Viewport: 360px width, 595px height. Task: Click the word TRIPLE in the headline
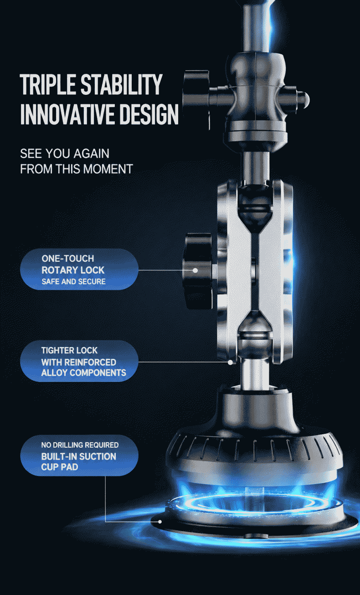pos(48,84)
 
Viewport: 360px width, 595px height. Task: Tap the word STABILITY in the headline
pos(121,84)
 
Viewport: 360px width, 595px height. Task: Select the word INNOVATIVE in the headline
pos(67,114)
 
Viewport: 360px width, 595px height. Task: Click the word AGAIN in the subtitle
pos(91,154)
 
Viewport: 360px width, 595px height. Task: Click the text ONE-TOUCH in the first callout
pos(68,259)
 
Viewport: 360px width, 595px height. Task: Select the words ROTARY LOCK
pos(73,270)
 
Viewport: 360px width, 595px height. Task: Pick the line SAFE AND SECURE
pos(73,282)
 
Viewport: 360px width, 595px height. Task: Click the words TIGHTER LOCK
pos(69,350)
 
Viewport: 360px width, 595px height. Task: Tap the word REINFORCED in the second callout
pos(90,362)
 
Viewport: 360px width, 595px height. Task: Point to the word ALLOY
pos(54,373)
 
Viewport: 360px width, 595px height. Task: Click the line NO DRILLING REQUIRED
pos(80,445)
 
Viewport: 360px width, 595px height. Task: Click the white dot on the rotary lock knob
pos(195,270)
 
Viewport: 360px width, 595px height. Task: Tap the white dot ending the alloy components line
pos(231,362)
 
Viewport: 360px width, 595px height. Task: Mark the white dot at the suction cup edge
pos(160,522)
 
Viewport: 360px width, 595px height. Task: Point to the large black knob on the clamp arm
pos(199,271)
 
